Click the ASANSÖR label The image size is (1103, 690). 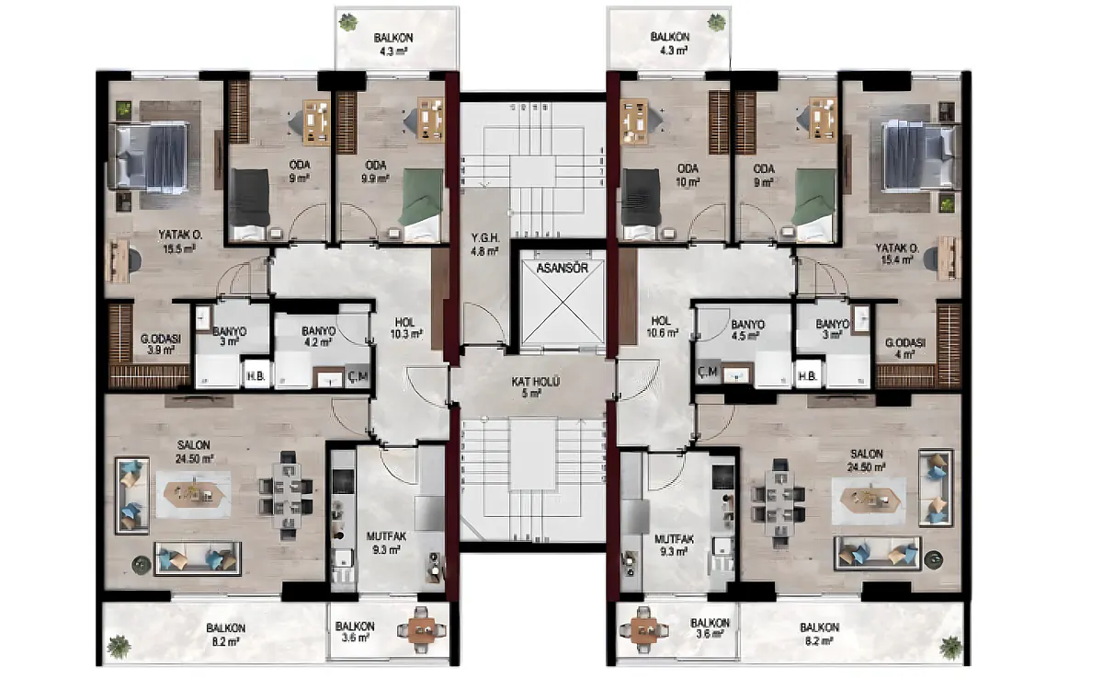[562, 269]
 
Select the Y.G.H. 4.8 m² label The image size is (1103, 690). [485, 245]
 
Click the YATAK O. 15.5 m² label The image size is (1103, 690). [180, 241]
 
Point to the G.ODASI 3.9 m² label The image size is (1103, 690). [161, 344]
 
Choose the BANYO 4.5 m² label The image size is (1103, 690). [748, 330]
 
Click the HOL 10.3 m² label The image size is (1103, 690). [405, 328]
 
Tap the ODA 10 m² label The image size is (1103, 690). [688, 175]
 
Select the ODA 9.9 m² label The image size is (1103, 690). [376, 171]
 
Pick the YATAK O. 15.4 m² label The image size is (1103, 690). [897, 254]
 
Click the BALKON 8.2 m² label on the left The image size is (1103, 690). [225, 635]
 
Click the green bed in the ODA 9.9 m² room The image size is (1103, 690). [421, 205]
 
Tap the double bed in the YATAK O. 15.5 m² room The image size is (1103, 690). [148, 157]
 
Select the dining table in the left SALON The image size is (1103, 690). [286, 496]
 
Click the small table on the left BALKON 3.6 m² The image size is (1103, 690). [421, 630]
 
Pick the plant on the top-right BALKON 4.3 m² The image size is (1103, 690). [716, 22]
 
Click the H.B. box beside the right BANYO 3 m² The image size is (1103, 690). [808, 376]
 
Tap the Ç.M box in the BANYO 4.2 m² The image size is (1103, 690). [357, 376]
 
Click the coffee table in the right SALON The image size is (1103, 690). [870, 499]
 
